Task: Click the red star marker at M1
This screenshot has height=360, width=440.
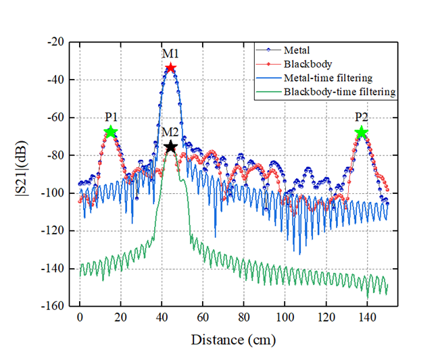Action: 171,68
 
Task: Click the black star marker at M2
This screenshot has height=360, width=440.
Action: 171,147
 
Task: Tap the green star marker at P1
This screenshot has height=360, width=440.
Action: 111,132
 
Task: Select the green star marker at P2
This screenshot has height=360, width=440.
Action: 362,132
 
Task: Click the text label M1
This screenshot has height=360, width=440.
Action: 170,53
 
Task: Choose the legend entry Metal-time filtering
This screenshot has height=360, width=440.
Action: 328,78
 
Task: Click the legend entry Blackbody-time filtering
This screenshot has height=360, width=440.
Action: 339,92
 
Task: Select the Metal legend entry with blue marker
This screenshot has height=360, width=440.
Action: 298,50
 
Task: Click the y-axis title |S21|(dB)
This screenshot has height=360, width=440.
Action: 22,174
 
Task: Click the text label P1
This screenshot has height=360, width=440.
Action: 111,116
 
